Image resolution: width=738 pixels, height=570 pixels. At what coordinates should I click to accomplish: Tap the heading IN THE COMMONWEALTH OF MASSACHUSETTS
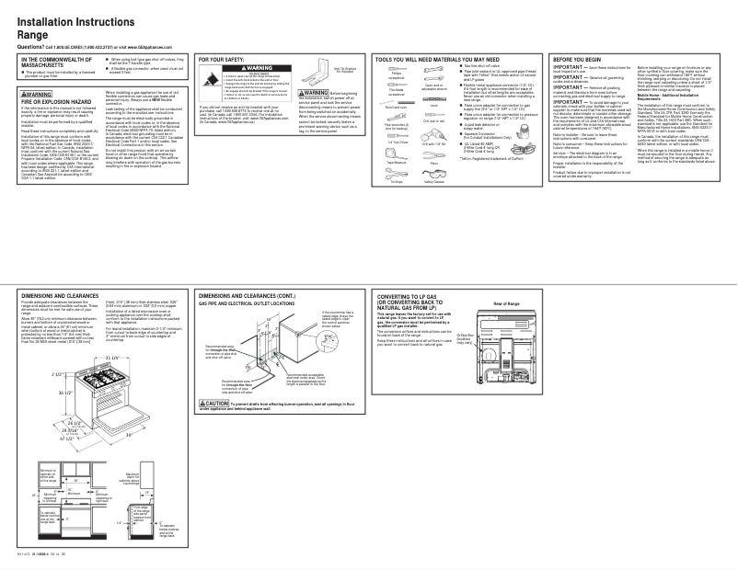click(64, 62)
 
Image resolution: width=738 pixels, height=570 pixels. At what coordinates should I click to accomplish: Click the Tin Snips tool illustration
click(397, 173)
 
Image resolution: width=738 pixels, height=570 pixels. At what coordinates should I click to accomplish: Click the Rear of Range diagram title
click(507, 302)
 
